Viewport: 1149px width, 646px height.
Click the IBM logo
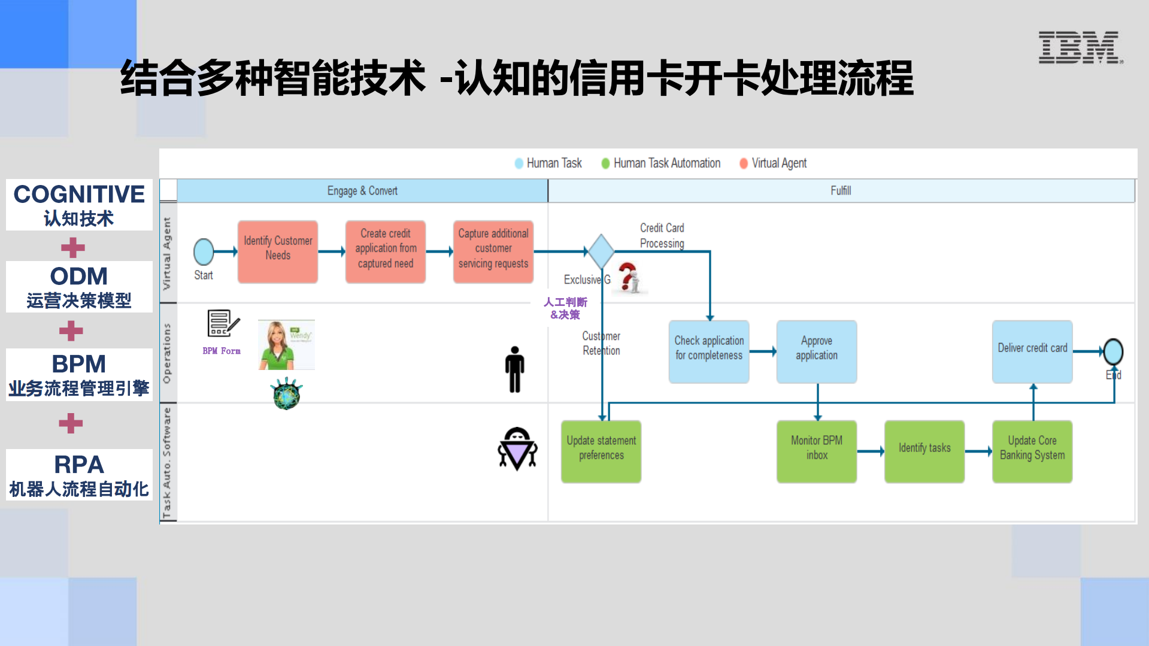(x=1080, y=47)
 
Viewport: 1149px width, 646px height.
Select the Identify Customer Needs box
(x=278, y=251)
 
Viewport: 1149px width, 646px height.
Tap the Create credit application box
(x=386, y=251)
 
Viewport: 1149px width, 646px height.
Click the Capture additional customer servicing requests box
(x=493, y=251)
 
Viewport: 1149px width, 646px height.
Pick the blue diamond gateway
(x=601, y=251)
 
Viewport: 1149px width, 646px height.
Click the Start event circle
(x=204, y=252)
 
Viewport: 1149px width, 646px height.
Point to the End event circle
(x=1113, y=351)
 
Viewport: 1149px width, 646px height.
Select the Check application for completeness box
(x=709, y=351)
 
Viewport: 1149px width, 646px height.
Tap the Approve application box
(x=817, y=351)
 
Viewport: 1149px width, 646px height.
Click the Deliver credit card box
(x=1032, y=351)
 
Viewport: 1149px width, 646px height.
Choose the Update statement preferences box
(x=601, y=451)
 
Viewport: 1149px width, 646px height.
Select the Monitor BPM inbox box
(x=817, y=451)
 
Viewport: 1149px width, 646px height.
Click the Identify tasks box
(x=924, y=451)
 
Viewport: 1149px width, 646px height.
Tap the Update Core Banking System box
(x=1032, y=451)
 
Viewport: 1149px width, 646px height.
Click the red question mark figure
(x=629, y=278)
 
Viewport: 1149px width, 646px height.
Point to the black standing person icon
(x=514, y=369)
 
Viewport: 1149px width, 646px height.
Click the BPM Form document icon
(x=222, y=324)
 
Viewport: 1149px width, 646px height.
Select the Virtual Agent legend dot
(x=744, y=163)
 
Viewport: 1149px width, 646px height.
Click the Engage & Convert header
(x=362, y=191)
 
